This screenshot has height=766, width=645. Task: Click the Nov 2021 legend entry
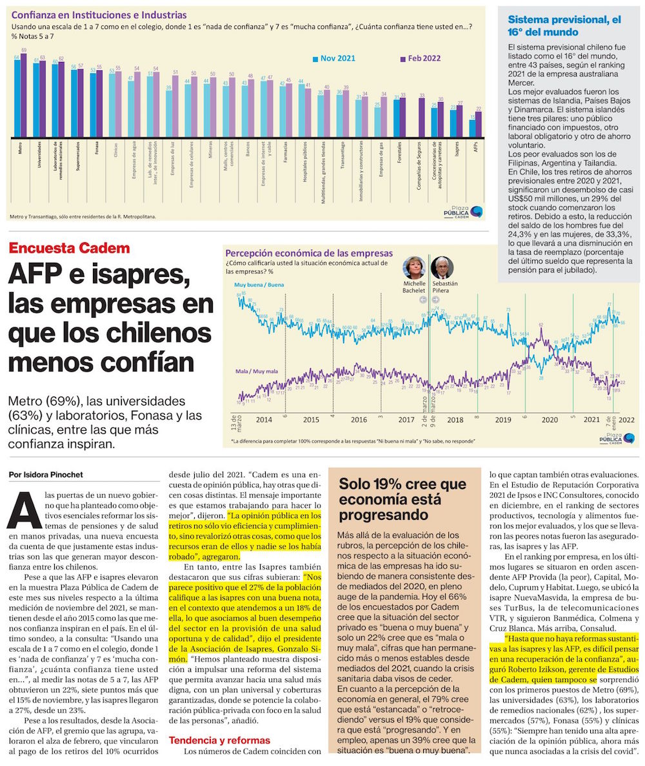click(333, 58)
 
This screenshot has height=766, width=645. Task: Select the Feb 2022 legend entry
click(421, 58)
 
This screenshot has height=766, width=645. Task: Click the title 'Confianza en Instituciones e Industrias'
click(99, 14)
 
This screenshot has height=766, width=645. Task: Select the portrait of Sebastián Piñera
click(442, 268)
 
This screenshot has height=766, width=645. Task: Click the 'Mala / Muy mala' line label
click(256, 372)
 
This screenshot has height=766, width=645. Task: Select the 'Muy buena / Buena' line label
click(260, 284)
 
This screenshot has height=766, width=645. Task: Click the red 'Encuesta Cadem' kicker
click(69, 248)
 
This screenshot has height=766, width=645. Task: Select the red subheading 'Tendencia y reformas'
click(219, 740)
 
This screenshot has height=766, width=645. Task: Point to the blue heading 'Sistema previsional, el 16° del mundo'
click(563, 25)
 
